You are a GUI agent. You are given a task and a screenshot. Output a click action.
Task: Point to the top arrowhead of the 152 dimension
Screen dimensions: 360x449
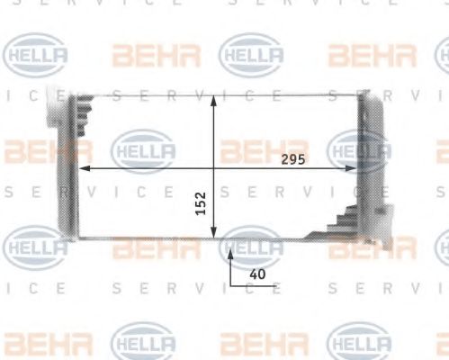pyautogui.click(x=213, y=99)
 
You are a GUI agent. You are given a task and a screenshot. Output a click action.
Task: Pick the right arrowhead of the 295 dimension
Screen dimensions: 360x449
pyautogui.click(x=353, y=168)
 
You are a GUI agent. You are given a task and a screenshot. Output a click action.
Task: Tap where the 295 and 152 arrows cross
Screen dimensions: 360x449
pyautogui.click(x=213, y=168)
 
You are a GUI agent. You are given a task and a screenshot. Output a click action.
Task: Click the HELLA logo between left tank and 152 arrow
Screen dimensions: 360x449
pyautogui.click(x=142, y=149)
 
